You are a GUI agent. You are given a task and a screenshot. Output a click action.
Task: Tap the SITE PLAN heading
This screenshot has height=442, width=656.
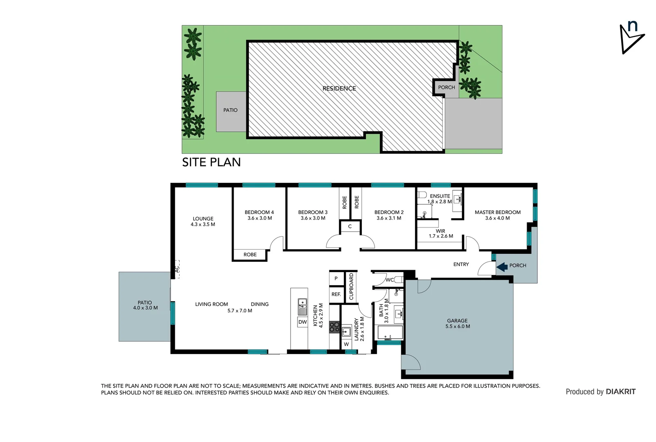[x=211, y=162]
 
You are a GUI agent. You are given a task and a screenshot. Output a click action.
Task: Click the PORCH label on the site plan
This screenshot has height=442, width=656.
[x=446, y=88]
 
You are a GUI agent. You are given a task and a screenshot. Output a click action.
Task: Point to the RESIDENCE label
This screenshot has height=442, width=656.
[x=339, y=88]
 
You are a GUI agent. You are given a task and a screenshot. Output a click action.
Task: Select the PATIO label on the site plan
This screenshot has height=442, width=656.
[x=230, y=110]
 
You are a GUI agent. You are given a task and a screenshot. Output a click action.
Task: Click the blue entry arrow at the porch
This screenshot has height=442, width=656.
[x=502, y=267]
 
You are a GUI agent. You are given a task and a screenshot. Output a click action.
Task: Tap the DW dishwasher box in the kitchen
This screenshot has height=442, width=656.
[x=302, y=322]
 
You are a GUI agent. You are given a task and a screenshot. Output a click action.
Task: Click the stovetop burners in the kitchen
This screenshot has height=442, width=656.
[x=334, y=327]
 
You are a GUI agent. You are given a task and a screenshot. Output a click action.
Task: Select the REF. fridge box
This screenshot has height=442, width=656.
[x=336, y=295]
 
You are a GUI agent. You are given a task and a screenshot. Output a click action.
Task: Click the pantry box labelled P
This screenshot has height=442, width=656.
[x=336, y=279]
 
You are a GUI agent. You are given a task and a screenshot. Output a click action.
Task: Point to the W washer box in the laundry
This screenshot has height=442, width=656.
[x=346, y=344]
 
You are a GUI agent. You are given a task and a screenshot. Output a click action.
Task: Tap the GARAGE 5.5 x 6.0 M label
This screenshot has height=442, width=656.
[x=458, y=324]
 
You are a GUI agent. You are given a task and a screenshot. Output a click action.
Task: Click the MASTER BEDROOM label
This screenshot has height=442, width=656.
[x=498, y=212]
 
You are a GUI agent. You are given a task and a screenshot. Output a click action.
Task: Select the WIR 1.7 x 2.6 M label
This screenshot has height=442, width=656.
[x=441, y=234]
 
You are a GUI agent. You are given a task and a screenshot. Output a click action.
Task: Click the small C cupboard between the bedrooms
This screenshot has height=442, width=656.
[x=350, y=226]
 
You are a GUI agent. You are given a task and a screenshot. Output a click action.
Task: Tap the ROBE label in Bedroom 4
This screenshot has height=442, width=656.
[x=250, y=255]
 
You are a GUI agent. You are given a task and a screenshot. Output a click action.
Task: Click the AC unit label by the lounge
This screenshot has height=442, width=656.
[x=177, y=269]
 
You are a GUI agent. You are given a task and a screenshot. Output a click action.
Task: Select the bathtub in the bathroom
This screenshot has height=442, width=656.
[x=389, y=333]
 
